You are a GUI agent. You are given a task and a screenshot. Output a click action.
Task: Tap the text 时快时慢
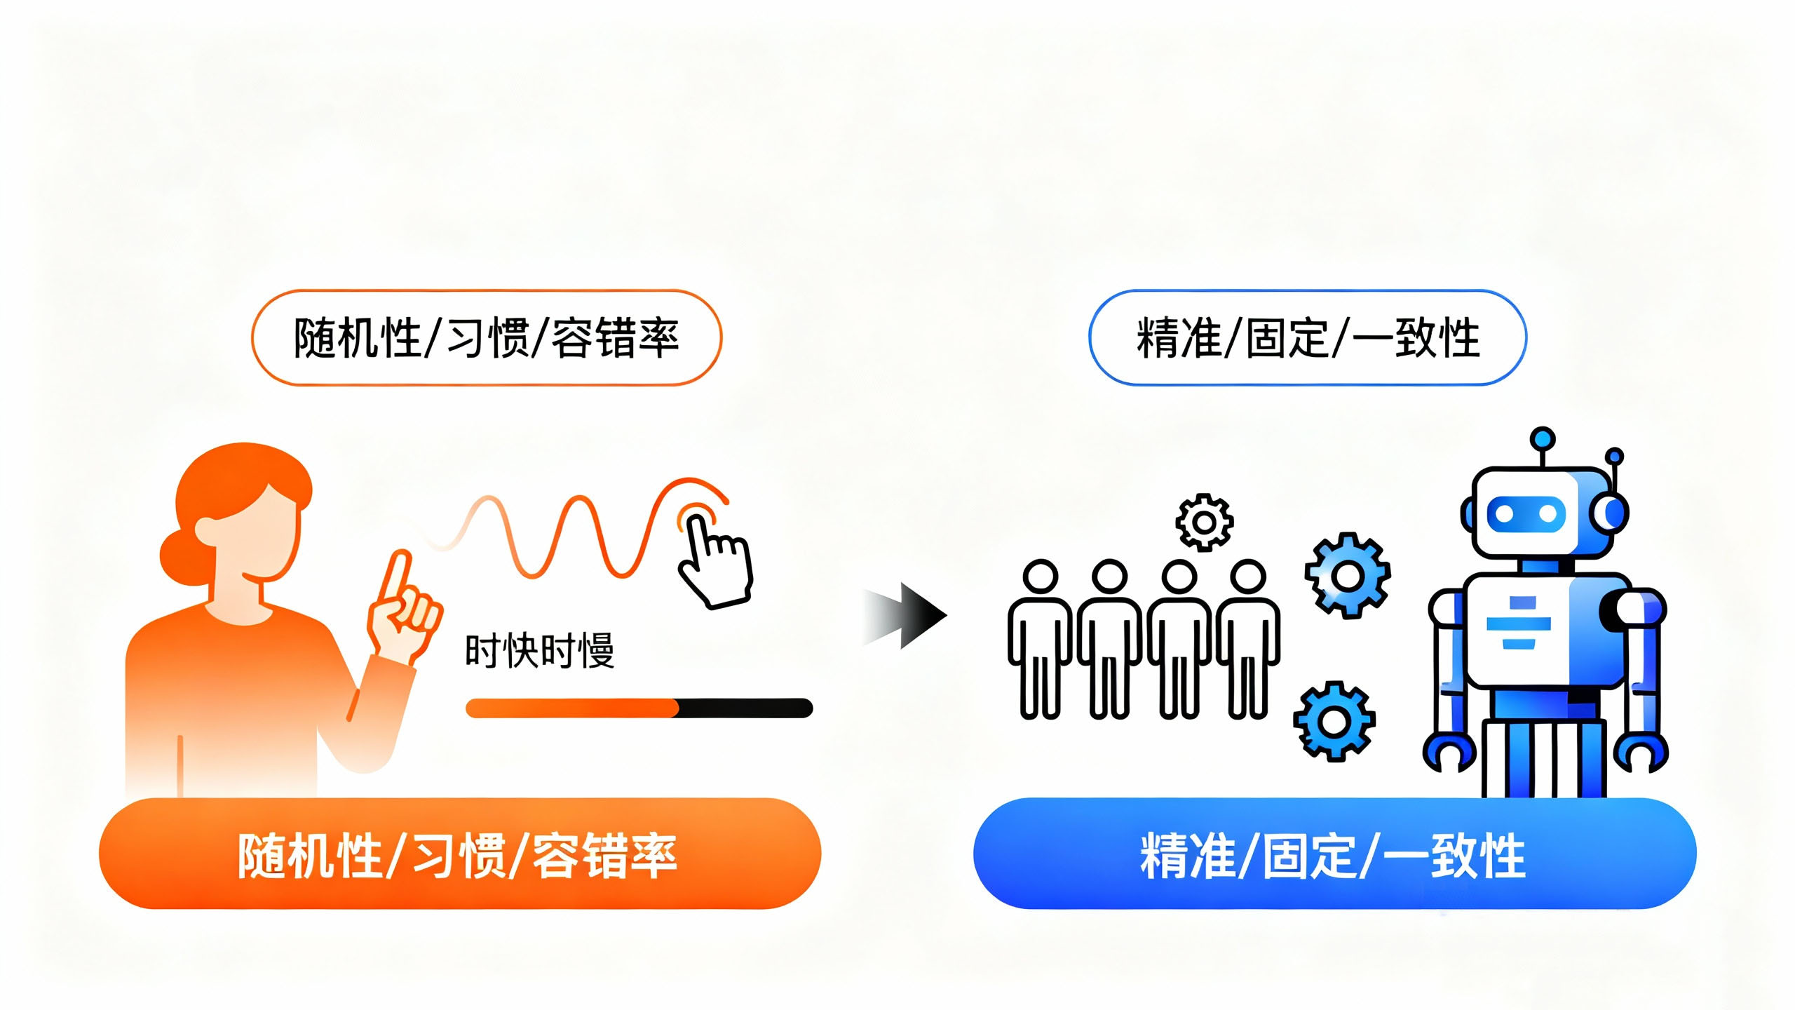539,651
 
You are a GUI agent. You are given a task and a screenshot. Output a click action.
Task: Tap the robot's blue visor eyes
1526,514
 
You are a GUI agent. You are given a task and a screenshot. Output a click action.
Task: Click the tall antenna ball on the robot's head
1543,440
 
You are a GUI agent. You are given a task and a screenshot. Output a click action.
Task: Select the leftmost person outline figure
1040,638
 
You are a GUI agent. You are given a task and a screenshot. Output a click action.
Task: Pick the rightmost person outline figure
1247,638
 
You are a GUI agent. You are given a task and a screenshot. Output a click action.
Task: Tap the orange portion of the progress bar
571,708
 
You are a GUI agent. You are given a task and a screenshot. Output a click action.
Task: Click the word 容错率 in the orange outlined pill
616,338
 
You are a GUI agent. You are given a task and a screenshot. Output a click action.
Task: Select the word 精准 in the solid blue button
1187,855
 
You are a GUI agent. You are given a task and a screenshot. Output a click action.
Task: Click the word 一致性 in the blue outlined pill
1416,338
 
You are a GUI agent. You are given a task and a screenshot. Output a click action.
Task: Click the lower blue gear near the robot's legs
1334,720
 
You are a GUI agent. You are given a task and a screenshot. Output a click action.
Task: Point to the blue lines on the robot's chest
1519,623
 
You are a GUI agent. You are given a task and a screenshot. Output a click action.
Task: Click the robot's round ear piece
1611,513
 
